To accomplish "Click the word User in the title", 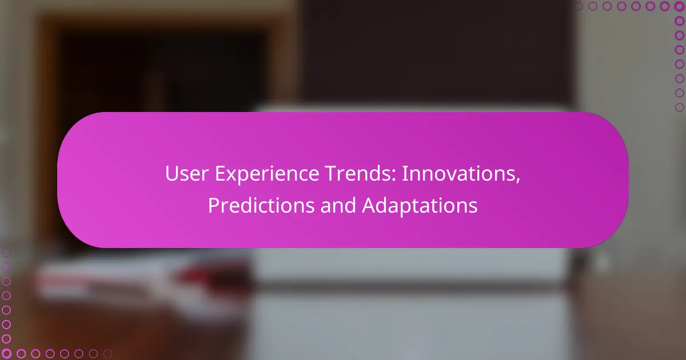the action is [x=187, y=174].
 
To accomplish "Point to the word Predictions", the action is [x=261, y=205].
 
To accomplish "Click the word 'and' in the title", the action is [x=338, y=205].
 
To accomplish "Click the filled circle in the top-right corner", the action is [x=679, y=6].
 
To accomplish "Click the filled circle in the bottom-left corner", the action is [x=6, y=354].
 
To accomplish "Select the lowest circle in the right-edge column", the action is [x=679, y=107].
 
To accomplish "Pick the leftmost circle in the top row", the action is [x=579, y=6].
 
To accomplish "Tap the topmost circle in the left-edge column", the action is [x=6, y=253].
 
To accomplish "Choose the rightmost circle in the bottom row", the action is [x=107, y=354].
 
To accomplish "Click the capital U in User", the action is [x=172, y=174].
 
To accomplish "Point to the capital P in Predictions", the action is [x=214, y=205].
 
